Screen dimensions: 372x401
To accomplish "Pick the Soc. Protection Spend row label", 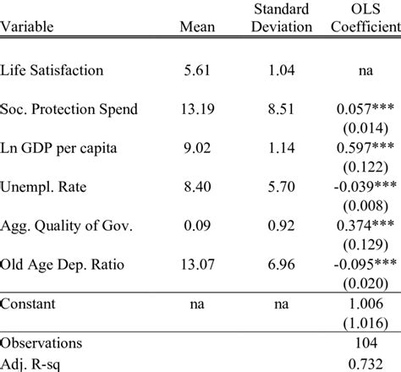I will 65,110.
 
